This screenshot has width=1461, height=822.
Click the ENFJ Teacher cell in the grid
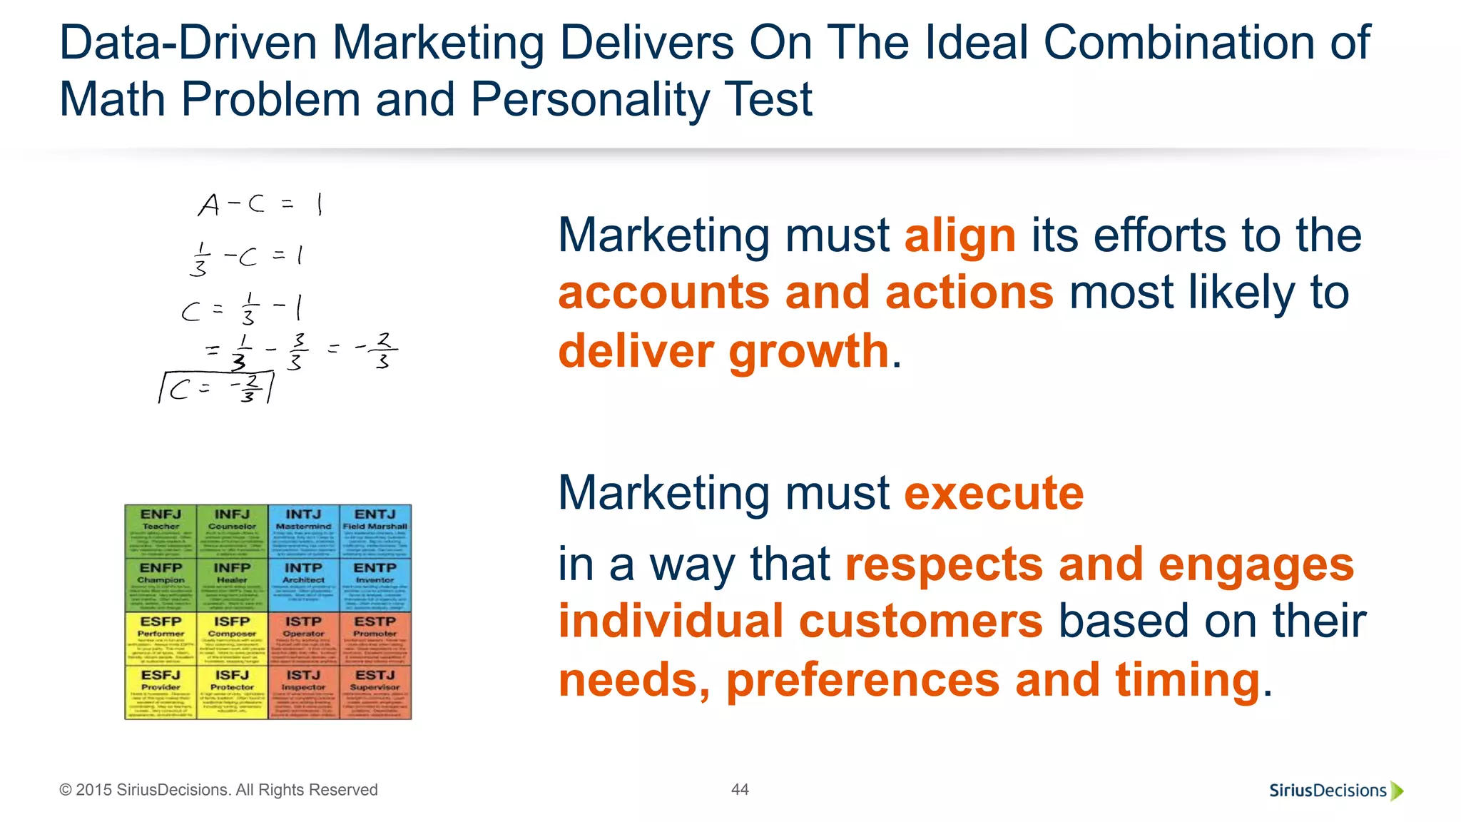pyautogui.click(x=161, y=532)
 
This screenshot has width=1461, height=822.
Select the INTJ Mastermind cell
pyautogui.click(x=304, y=532)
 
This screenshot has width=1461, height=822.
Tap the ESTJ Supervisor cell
pyautogui.click(x=375, y=692)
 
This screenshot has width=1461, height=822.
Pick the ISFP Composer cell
pyautogui.click(x=232, y=639)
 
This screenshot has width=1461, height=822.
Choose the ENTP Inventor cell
pyautogui.click(x=375, y=585)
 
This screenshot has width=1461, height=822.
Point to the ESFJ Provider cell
pyautogui.click(x=161, y=692)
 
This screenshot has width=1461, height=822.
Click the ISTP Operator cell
pyautogui.click(x=304, y=639)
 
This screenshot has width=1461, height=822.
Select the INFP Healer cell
pyautogui.click(x=232, y=585)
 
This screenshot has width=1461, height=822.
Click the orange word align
pyautogui.click(x=959, y=236)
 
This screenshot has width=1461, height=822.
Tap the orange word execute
pyautogui.click(x=994, y=493)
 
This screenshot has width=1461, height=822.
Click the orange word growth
pyautogui.click(x=808, y=352)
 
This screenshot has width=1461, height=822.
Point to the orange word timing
pyautogui.click(x=1188, y=680)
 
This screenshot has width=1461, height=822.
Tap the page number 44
pyautogui.click(x=740, y=789)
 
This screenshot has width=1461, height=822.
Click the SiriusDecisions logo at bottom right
pyautogui.click(x=1335, y=791)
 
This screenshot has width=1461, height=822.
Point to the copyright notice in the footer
pyautogui.click(x=218, y=790)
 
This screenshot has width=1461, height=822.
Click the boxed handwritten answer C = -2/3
pyautogui.click(x=216, y=388)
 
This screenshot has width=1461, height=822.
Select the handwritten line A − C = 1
pyautogui.click(x=260, y=205)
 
